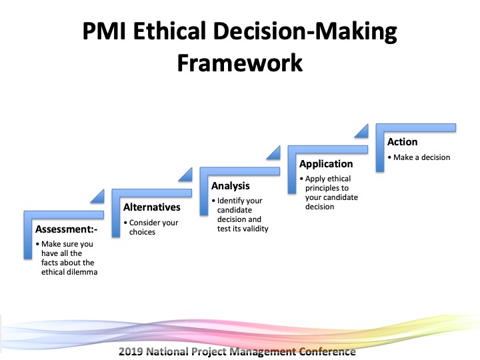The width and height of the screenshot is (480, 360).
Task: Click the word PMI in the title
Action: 104,31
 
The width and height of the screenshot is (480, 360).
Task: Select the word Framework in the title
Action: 240,63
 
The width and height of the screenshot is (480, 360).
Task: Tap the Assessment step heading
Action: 67,229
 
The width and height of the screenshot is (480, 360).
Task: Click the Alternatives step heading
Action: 152,207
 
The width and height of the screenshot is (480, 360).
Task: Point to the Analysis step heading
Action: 230,186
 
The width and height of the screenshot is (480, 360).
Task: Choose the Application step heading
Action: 326,164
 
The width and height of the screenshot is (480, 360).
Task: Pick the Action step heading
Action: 402,142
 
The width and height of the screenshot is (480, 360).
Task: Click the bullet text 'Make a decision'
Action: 421,157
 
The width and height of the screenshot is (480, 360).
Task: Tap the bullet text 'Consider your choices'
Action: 154,227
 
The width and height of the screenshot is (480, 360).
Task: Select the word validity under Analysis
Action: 255,229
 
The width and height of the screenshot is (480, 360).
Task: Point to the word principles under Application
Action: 323,188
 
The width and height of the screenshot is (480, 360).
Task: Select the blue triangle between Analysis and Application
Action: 275,154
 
